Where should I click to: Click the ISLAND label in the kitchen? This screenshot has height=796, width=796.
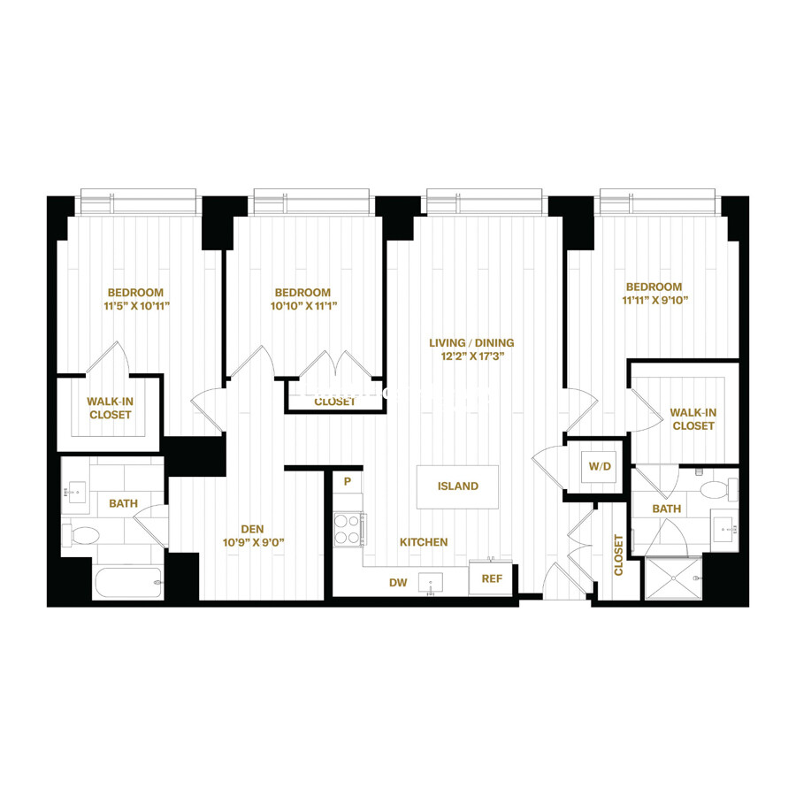pos(457,486)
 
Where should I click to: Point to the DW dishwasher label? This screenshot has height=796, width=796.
pos(398,582)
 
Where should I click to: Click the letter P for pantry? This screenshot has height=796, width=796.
pos(348,482)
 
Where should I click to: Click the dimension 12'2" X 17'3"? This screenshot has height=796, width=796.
pos(471,357)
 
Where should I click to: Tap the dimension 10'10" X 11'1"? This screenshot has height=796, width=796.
pos(302,307)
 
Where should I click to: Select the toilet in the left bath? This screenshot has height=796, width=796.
pos(85,534)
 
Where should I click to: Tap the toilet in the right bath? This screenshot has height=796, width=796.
pos(713,489)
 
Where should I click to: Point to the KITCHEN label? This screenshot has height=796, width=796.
pos(423,542)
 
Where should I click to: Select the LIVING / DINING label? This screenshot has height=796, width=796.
pos(471,343)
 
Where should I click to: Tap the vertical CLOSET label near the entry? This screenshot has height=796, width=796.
pos(618,555)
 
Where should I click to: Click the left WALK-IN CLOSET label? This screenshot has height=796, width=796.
pos(109,408)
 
